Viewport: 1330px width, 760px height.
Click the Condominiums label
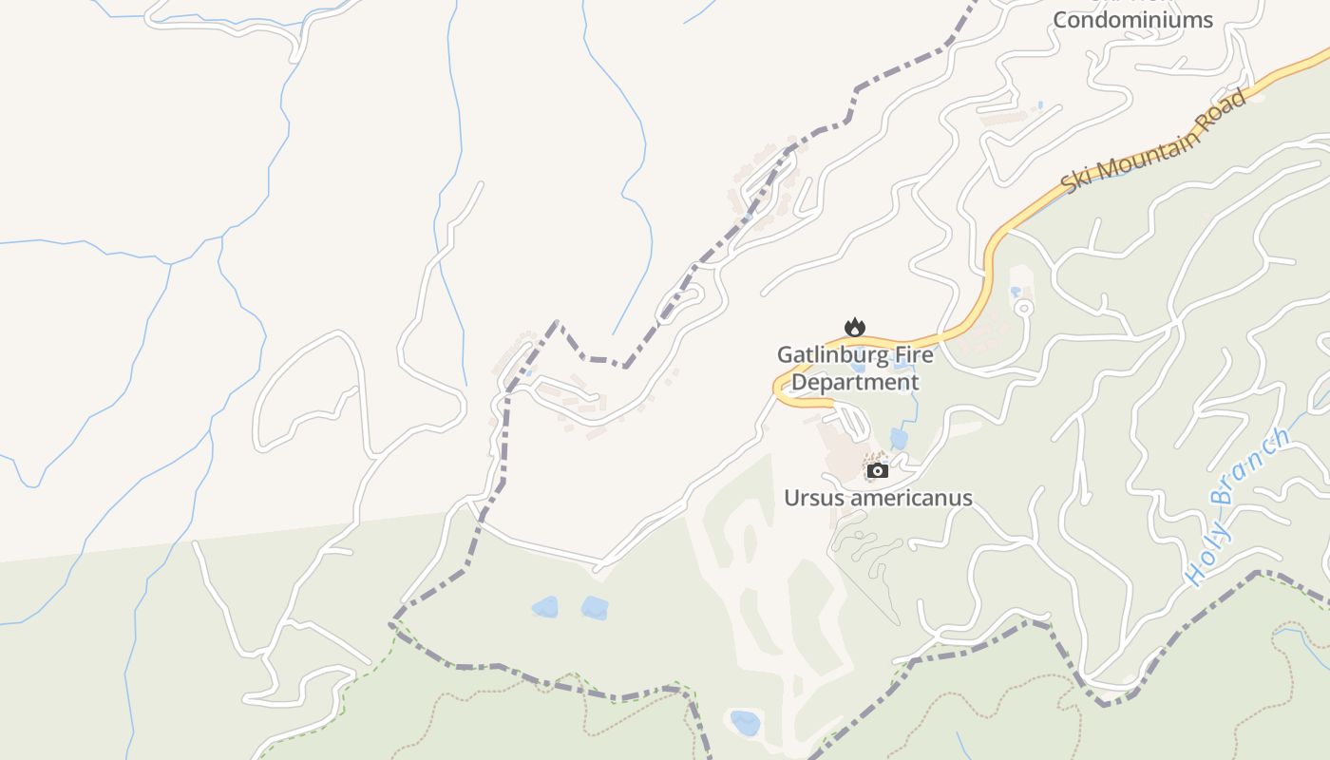click(1132, 20)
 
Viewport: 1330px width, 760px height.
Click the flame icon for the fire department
click(855, 328)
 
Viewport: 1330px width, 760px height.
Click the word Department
click(855, 382)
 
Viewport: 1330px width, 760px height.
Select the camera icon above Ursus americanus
click(877, 470)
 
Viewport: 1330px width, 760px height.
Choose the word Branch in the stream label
click(1254, 466)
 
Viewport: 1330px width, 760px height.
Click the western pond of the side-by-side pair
click(544, 607)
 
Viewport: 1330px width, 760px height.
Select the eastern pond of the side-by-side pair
click(595, 608)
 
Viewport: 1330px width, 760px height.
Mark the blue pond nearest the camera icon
click(899, 439)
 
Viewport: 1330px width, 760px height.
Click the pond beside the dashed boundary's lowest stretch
click(745, 723)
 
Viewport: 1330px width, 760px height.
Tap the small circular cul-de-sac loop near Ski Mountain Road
click(1023, 308)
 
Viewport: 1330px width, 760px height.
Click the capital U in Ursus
click(791, 498)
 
